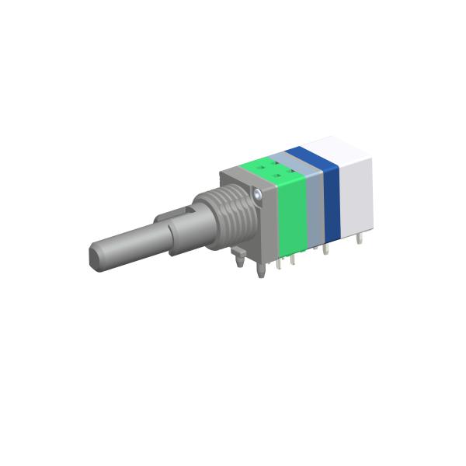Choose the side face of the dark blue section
tap(331, 203)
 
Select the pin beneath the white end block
tap(360, 238)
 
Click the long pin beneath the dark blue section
tap(326, 250)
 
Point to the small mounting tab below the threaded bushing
tap(239, 256)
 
